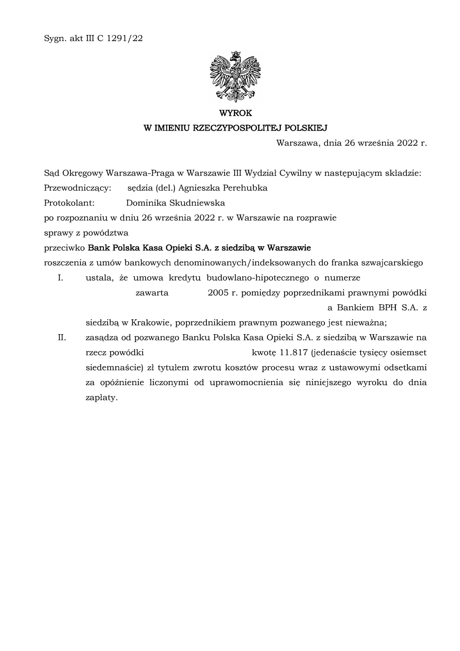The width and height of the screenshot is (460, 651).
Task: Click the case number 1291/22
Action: point(125,39)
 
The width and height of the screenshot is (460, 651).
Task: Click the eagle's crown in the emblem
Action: point(236,54)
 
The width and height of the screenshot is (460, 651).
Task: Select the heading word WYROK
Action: point(236,113)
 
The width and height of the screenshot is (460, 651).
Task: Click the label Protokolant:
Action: point(69,203)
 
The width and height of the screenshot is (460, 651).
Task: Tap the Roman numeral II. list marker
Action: point(62,338)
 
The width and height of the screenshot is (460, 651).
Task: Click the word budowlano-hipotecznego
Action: point(258,278)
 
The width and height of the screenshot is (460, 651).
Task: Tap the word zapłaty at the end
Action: point(101,398)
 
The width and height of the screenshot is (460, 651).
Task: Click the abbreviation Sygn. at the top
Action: point(55,39)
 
